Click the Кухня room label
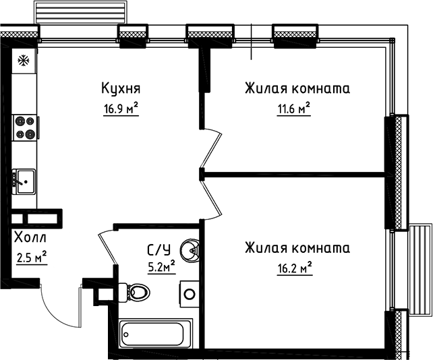click(x=121, y=88)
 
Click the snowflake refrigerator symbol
click(x=23, y=61)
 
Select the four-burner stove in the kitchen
click(x=26, y=127)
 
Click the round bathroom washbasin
click(x=194, y=251)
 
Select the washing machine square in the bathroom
click(x=190, y=295)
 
